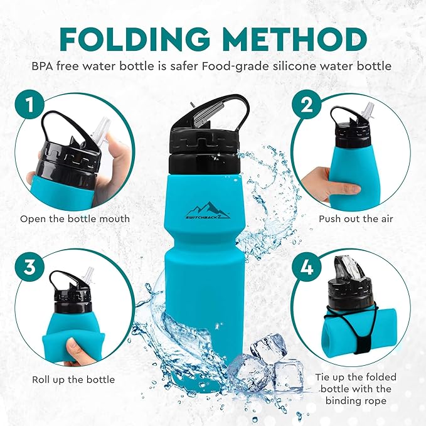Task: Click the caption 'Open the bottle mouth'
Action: tap(75, 219)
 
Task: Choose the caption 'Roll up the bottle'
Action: tap(73, 380)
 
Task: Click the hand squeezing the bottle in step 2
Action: tap(326, 182)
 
